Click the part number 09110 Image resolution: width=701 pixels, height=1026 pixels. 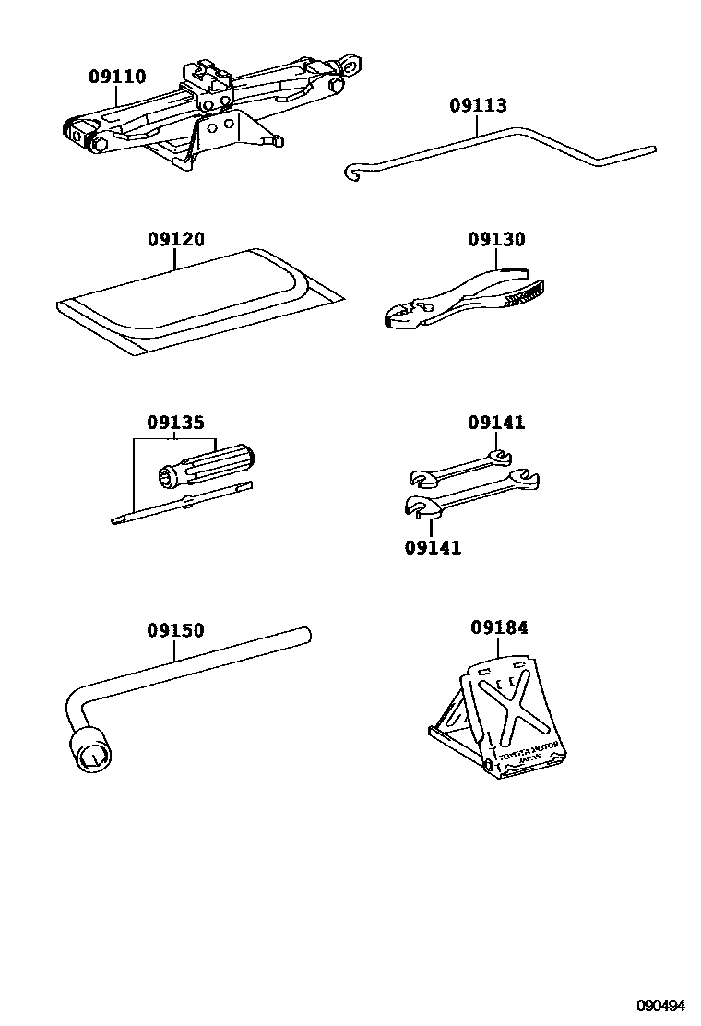pyautogui.click(x=117, y=78)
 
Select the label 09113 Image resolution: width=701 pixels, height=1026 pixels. pyautogui.click(x=478, y=106)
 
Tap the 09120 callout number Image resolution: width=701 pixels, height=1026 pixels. pyautogui.click(x=175, y=240)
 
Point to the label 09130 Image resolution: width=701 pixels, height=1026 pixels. pyautogui.click(x=495, y=240)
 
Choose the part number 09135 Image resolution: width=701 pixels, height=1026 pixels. pyautogui.click(x=175, y=424)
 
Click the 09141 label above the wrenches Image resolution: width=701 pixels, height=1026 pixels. pyautogui.click(x=495, y=424)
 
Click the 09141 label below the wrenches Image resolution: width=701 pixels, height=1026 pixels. pyautogui.click(x=433, y=547)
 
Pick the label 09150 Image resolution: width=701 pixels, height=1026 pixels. pyautogui.click(x=175, y=631)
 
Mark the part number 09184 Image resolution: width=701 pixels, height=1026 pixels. pyautogui.click(x=499, y=628)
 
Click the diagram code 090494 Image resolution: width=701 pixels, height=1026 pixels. pyautogui.click(x=661, y=1005)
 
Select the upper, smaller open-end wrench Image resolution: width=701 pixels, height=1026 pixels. pyautogui.click(x=461, y=468)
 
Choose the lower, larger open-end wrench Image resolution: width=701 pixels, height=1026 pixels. pyautogui.click(x=470, y=495)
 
